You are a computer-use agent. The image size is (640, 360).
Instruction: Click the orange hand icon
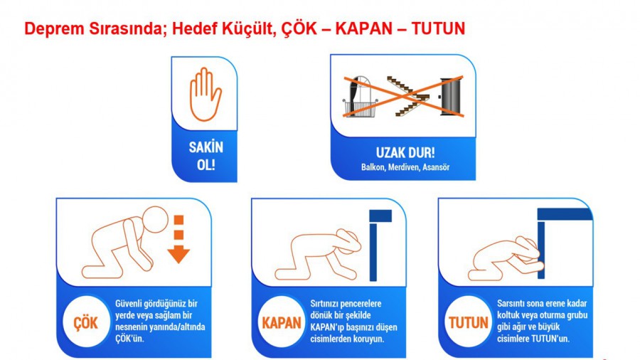point(206,95)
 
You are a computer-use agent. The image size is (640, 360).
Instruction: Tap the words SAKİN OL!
point(206,156)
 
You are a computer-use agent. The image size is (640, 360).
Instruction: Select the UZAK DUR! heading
point(405,153)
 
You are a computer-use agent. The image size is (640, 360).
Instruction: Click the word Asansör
point(436,167)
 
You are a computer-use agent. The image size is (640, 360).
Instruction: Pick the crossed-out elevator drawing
point(451,96)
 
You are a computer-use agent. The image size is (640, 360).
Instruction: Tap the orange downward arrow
point(178,239)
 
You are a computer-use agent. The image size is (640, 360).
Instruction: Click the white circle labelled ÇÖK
point(86,322)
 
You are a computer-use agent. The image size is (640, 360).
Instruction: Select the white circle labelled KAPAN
point(282,322)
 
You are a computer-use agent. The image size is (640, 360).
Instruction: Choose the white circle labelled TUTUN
point(468,322)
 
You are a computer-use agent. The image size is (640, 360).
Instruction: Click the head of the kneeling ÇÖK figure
point(156,220)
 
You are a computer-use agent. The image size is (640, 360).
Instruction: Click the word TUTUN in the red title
point(438,28)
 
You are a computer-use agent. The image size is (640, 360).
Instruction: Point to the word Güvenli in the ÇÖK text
point(129,304)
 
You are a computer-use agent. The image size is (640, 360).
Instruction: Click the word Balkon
point(373,167)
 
